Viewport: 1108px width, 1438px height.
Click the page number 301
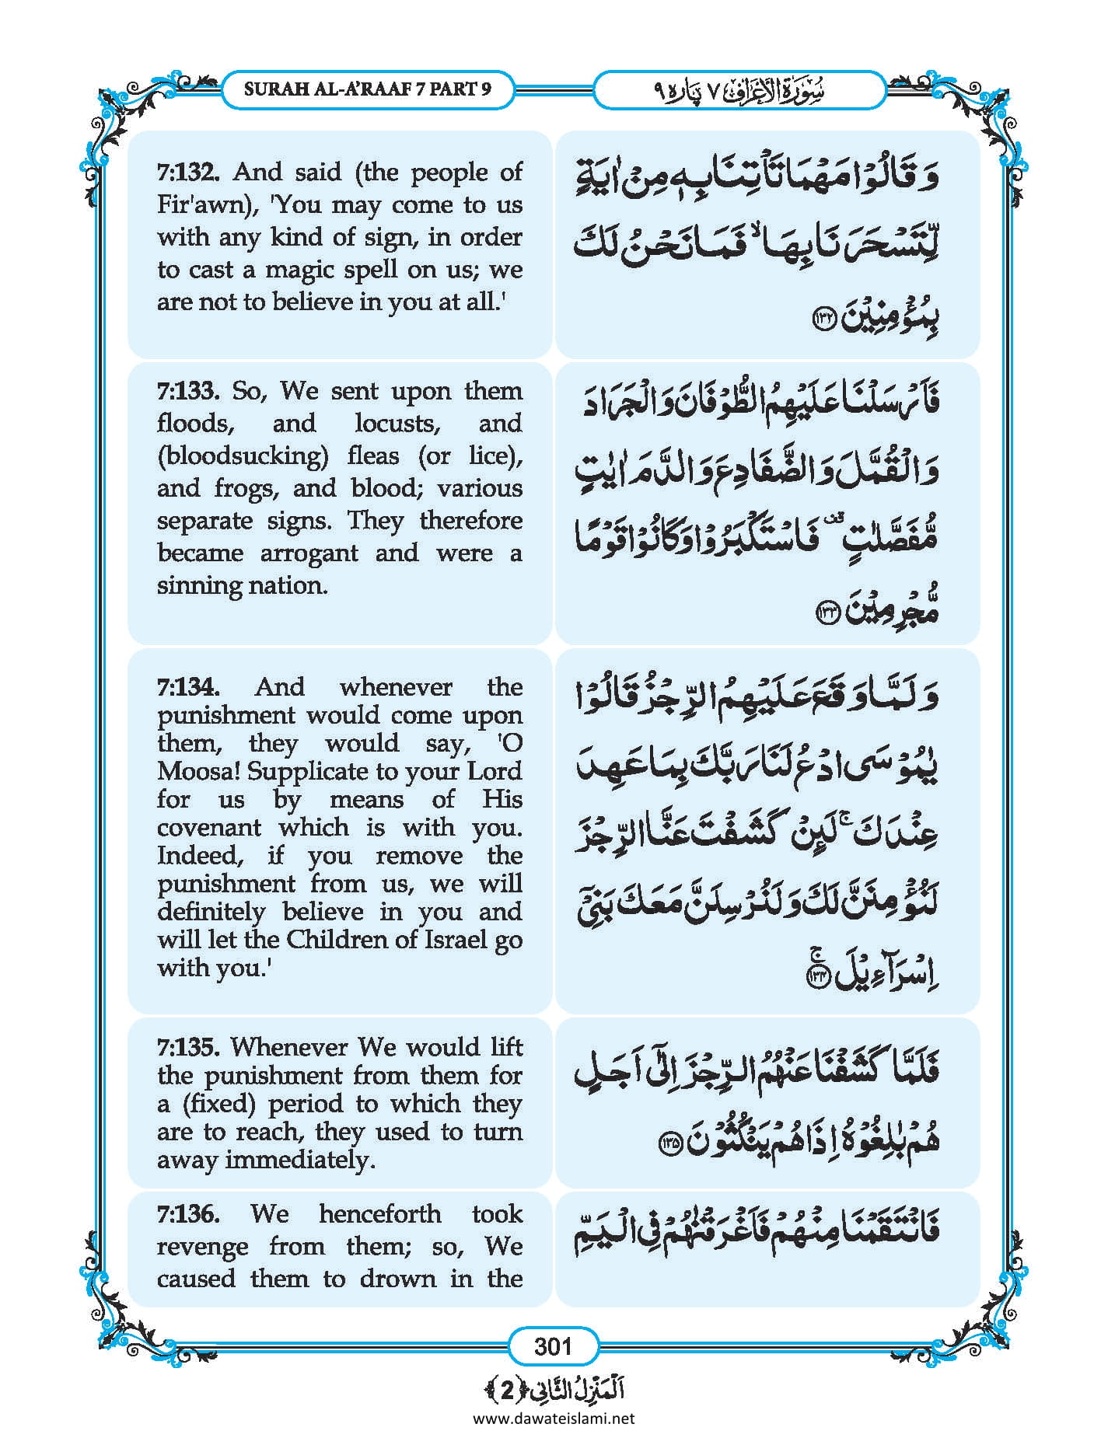tap(553, 1346)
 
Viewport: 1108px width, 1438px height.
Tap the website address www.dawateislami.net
tap(553, 1419)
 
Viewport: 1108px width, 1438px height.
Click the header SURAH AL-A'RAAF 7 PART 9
tap(367, 89)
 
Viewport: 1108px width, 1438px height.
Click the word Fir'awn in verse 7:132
tap(195, 205)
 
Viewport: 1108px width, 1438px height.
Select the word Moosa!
tap(194, 772)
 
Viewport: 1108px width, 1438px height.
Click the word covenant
tap(209, 828)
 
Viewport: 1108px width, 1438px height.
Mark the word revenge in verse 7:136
tap(199, 1247)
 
